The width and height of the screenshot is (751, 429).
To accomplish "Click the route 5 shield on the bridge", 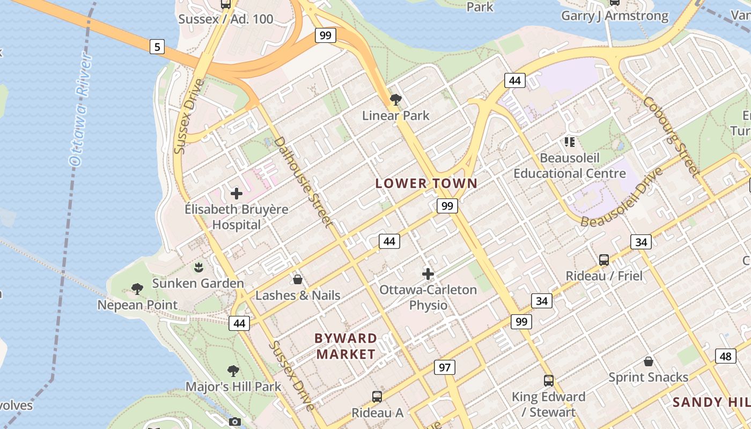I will pos(157,47).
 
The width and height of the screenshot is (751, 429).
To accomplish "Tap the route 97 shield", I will pos(445,367).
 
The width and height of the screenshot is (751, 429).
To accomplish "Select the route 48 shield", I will pos(725,356).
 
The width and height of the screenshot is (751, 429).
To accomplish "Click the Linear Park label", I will pos(396,115).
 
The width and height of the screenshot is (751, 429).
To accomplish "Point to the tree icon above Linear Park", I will pos(396,99).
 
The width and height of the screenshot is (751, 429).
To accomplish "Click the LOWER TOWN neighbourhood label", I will pos(426,183).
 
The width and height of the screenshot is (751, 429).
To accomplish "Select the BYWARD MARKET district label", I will pos(345,346).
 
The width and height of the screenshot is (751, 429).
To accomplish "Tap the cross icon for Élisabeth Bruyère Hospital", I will pos(237,194).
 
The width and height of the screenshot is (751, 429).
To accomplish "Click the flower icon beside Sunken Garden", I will pos(198,267).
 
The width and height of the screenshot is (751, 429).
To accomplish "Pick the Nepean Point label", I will pos(137,305).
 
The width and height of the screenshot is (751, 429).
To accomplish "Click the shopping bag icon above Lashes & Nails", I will pos(298,279).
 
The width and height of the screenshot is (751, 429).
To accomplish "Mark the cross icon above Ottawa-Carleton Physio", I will pos(428,274).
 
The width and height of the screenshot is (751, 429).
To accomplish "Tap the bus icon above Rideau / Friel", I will pos(604,260).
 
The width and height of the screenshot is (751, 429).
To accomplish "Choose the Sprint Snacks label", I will pos(648,377).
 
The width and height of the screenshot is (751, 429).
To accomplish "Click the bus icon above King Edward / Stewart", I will pos(548,381).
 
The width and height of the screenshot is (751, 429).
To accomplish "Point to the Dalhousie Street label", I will pos(303,181).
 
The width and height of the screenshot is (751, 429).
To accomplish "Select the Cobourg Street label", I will pos(671,137).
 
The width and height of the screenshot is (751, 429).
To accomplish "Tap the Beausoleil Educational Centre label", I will pos(570,166).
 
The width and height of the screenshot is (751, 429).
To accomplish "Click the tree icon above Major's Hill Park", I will pos(233,371).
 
